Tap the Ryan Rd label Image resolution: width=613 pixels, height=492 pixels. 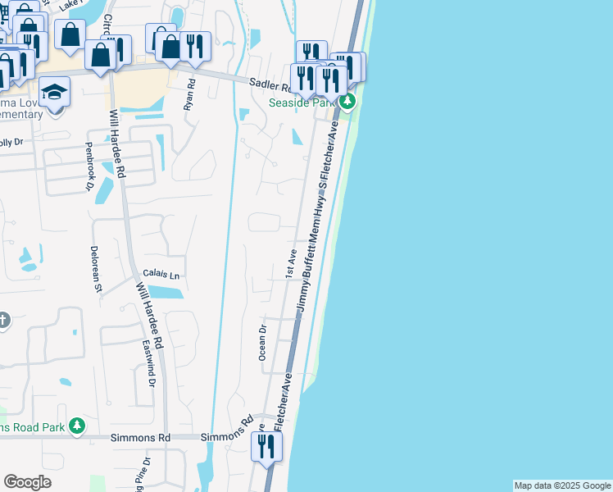coord(190,95)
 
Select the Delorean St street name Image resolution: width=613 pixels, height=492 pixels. coord(96,268)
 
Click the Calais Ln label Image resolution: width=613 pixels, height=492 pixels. coord(161,276)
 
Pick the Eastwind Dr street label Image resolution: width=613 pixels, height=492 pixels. coord(150,362)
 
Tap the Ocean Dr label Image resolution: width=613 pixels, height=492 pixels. coord(263,342)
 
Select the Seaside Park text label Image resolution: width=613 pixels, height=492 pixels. coord(302,102)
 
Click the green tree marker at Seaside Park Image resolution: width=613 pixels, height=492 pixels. coord(347,102)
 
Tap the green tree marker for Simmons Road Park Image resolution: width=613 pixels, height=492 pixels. coord(77,426)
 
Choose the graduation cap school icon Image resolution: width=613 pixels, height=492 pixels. coord(55,92)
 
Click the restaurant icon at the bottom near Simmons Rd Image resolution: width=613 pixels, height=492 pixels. coord(266,447)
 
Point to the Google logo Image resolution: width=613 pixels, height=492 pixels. coord(27,482)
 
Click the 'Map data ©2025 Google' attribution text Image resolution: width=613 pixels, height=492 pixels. coord(562,485)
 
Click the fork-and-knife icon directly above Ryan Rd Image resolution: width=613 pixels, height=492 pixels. coord(193,46)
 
